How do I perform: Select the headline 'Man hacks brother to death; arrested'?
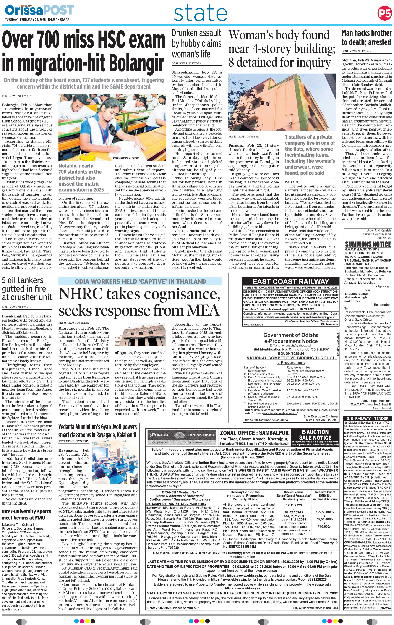point(366,38)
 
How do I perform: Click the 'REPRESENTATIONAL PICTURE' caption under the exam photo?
point(126,158)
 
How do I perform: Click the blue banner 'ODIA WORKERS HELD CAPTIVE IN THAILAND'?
point(140,281)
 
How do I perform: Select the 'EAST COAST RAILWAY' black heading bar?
point(290,282)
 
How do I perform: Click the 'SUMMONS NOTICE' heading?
point(368,244)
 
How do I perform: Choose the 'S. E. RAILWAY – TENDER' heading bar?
point(368,418)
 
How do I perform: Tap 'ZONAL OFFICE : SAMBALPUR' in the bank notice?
point(254,433)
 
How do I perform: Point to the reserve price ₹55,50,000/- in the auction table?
point(324,512)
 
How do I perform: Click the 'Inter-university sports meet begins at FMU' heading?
point(26,514)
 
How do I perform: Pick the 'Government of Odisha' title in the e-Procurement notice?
point(291,335)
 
